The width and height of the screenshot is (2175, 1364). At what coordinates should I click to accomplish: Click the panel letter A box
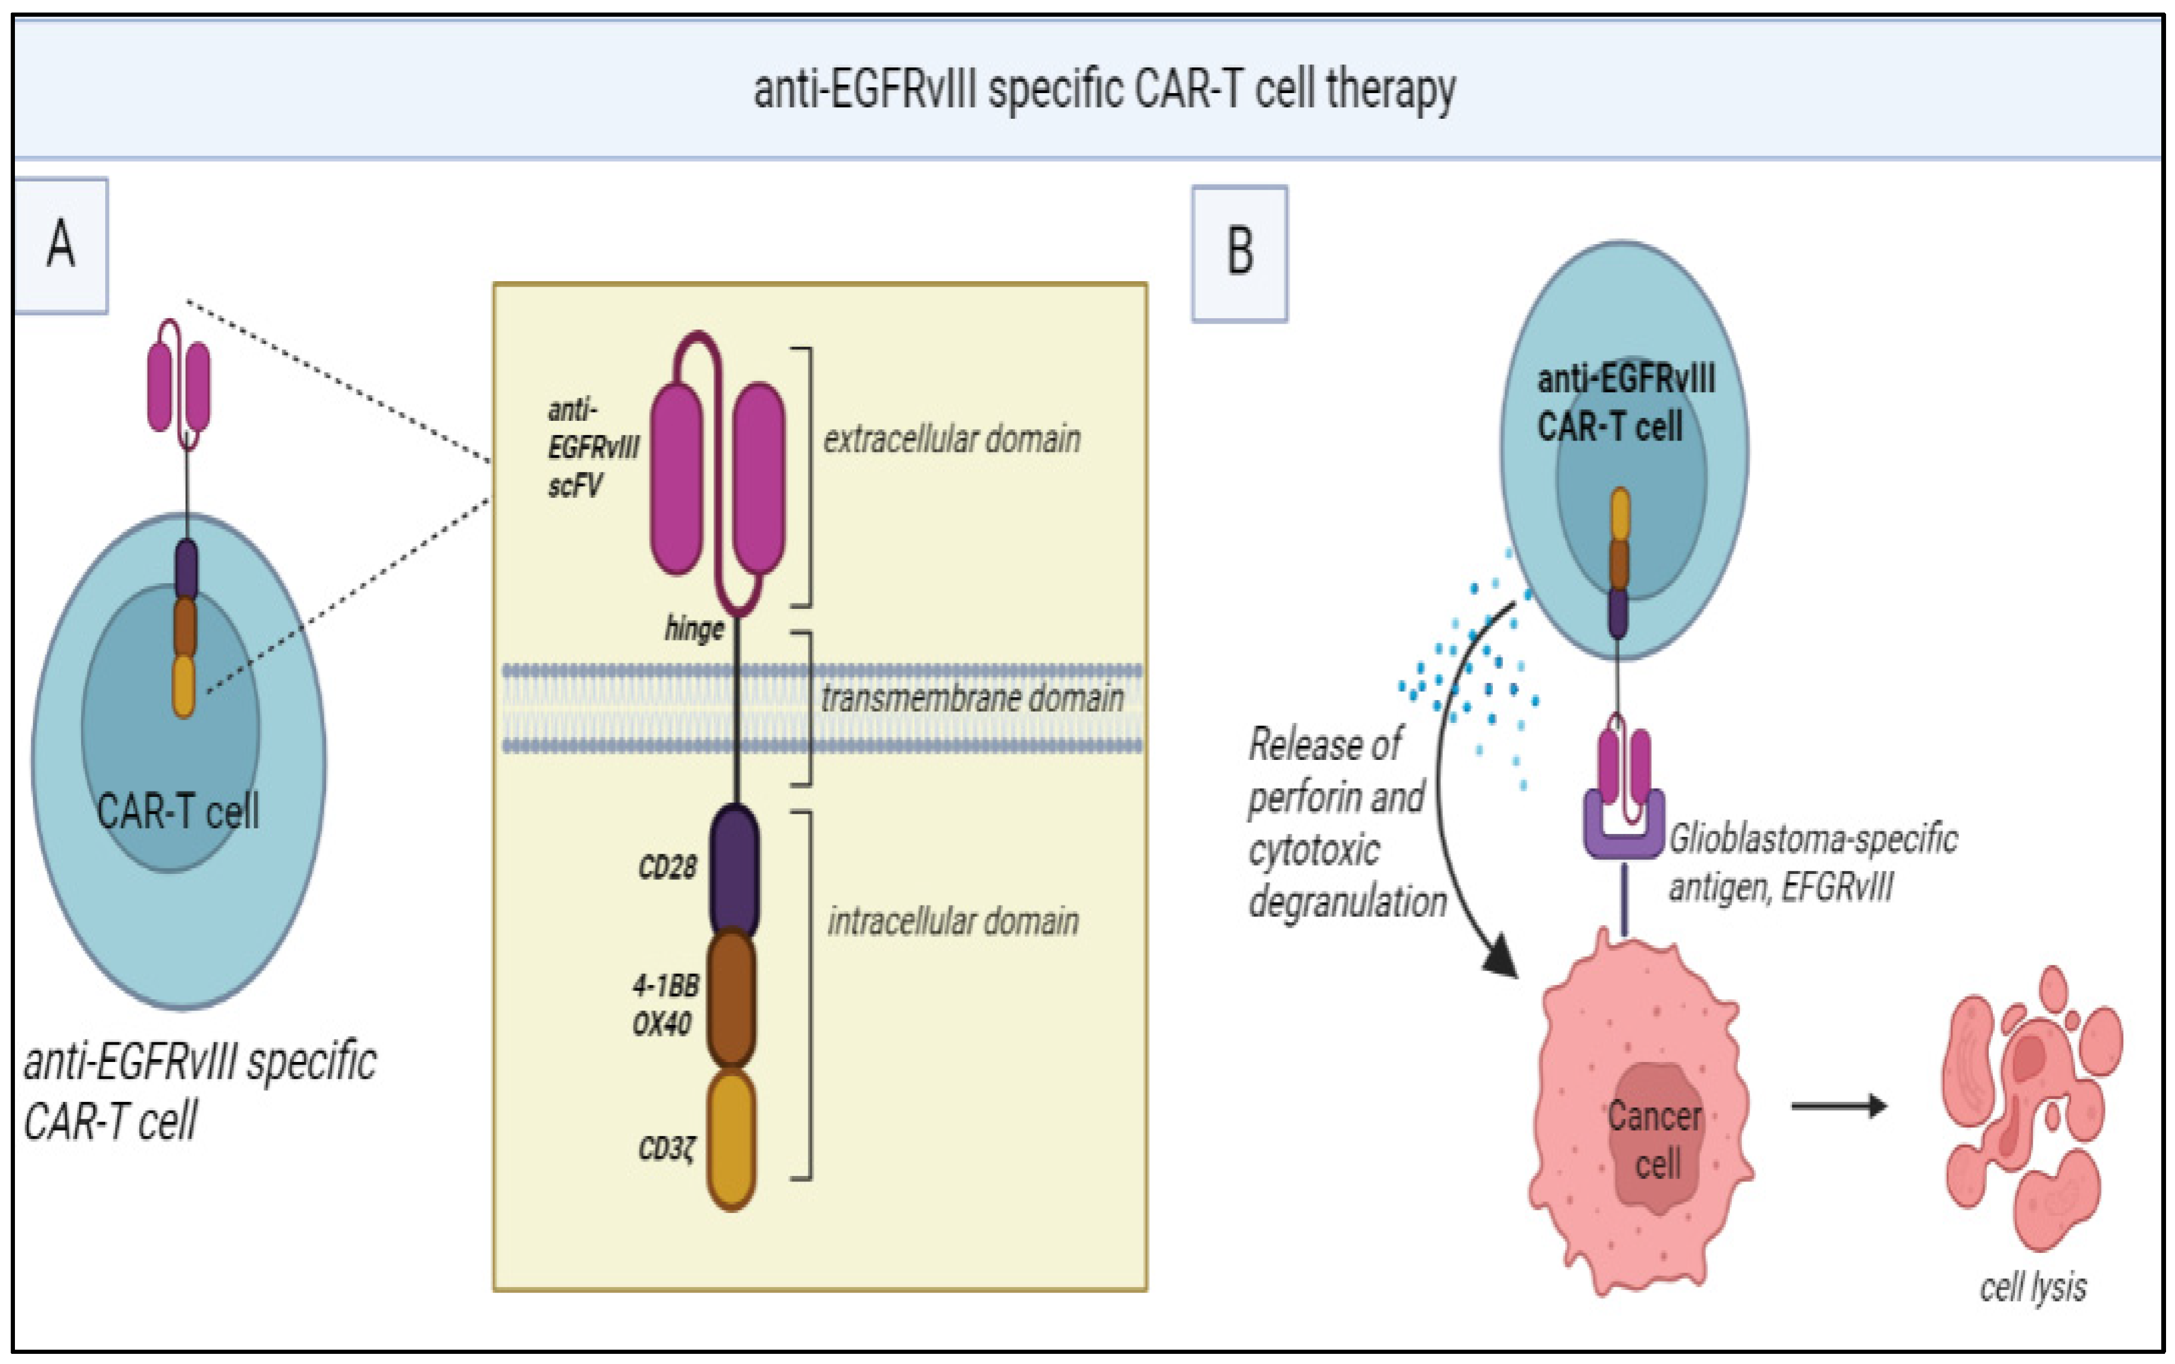[60, 245]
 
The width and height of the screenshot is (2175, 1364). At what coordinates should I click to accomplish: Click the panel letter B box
[1239, 254]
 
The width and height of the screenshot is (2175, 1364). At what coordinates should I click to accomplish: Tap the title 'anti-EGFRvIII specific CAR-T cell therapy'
[1104, 90]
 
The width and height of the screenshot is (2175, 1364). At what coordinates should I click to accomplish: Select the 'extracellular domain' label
[951, 440]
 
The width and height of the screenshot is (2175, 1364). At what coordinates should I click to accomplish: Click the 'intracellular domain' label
[953, 922]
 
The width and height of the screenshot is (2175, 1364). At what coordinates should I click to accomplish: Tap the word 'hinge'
[694, 629]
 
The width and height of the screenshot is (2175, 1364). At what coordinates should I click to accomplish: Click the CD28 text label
[667, 868]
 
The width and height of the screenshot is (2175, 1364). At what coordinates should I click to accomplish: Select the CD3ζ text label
[667, 1149]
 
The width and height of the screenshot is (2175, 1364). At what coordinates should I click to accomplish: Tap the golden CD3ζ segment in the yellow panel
[732, 1138]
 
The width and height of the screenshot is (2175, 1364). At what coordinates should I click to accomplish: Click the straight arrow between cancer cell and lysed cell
[1838, 1106]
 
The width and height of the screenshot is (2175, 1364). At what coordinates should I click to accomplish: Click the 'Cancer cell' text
[1654, 1140]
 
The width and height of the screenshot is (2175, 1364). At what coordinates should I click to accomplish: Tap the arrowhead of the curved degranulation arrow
[1501, 958]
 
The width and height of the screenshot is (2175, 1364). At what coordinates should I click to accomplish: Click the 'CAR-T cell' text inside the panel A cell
[178, 811]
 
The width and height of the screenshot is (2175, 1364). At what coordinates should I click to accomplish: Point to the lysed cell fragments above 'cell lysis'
[2030, 1110]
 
